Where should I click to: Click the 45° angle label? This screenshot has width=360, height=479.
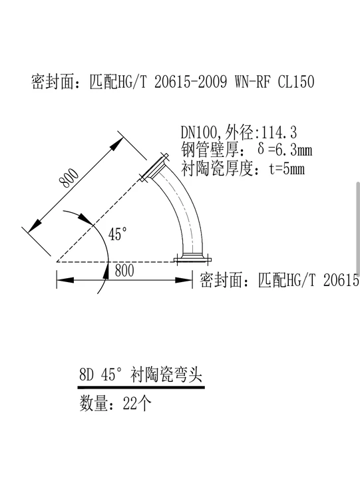coord(118,234)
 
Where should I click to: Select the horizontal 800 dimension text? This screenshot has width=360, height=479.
coord(124,271)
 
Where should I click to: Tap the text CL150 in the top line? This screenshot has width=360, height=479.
coord(296,82)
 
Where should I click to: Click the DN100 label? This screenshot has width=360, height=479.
coord(199,132)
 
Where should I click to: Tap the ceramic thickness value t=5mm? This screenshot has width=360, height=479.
coord(287,168)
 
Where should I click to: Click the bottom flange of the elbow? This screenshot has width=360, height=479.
coord(192,259)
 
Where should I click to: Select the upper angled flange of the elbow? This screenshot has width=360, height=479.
coord(154,168)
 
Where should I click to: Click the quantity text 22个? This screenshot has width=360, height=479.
coord(137,403)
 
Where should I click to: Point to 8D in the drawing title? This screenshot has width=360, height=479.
coord(87,374)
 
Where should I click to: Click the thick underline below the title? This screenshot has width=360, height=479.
coord(141,387)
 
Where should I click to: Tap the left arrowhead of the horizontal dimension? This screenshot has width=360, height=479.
coord(65,279)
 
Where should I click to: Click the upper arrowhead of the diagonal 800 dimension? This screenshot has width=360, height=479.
coord(116,143)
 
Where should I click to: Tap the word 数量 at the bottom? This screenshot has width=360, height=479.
coord(94,403)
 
